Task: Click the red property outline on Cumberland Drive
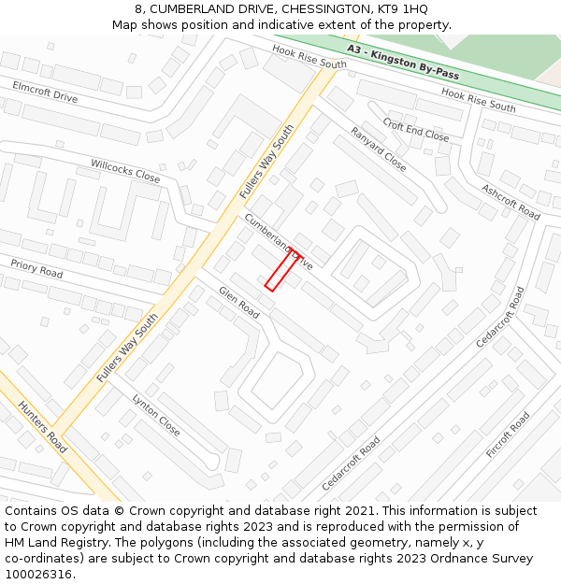282,269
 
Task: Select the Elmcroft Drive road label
45,91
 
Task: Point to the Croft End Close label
416,130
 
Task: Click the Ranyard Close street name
379,150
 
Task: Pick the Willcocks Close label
125,170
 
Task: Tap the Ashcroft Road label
511,202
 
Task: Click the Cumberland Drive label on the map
278,240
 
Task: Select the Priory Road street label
36,269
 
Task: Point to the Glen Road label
238,303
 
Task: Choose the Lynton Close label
156,414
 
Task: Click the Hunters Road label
42,425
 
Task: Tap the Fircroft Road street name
508,434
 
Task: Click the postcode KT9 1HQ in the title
402,8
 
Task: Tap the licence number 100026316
40,575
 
